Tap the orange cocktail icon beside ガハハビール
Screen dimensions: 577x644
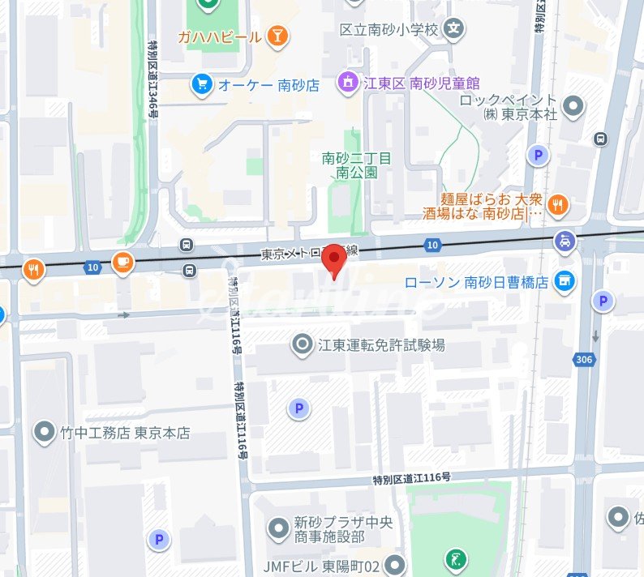pyautogui.click(x=278, y=36)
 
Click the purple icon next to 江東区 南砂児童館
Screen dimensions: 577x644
pyautogui.click(x=348, y=83)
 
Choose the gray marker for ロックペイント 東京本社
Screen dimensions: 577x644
pyautogui.click(x=573, y=105)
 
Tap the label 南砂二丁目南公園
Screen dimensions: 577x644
pyautogui.click(x=357, y=165)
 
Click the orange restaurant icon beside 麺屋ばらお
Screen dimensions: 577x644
pyautogui.click(x=557, y=206)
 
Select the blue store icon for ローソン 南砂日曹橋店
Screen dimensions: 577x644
pyautogui.click(x=565, y=282)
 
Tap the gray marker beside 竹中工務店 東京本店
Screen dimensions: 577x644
pyautogui.click(x=45, y=432)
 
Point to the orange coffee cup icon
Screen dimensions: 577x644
pyautogui.click(x=122, y=262)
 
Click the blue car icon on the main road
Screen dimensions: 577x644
pyautogui.click(x=565, y=241)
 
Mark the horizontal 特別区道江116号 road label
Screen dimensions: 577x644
pyautogui.click(x=412, y=479)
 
